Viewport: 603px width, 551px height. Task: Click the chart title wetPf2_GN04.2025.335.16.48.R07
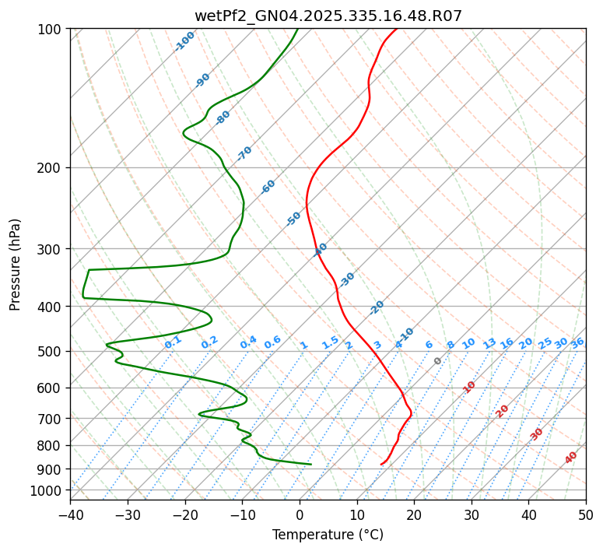click(328, 16)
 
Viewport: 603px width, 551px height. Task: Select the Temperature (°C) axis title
click(328, 535)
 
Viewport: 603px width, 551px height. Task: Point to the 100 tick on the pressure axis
click(52, 29)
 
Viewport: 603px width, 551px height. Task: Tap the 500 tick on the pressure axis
click(52, 351)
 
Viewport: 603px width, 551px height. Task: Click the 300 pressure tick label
click(52, 249)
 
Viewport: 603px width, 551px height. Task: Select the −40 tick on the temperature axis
click(70, 514)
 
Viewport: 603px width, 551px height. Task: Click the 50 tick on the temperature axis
click(586, 514)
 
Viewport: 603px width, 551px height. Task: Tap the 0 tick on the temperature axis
click(300, 514)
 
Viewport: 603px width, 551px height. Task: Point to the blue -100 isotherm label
click(185, 40)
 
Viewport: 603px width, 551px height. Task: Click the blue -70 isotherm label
click(244, 153)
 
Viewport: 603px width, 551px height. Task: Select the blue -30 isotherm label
click(347, 279)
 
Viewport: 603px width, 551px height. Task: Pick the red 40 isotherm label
click(571, 458)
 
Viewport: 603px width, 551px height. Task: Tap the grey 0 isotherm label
click(438, 361)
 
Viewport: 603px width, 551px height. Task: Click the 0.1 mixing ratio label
click(174, 341)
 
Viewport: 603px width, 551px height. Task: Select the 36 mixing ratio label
click(577, 342)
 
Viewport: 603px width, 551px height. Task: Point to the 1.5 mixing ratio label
click(331, 342)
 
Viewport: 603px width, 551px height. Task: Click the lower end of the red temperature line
click(381, 465)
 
